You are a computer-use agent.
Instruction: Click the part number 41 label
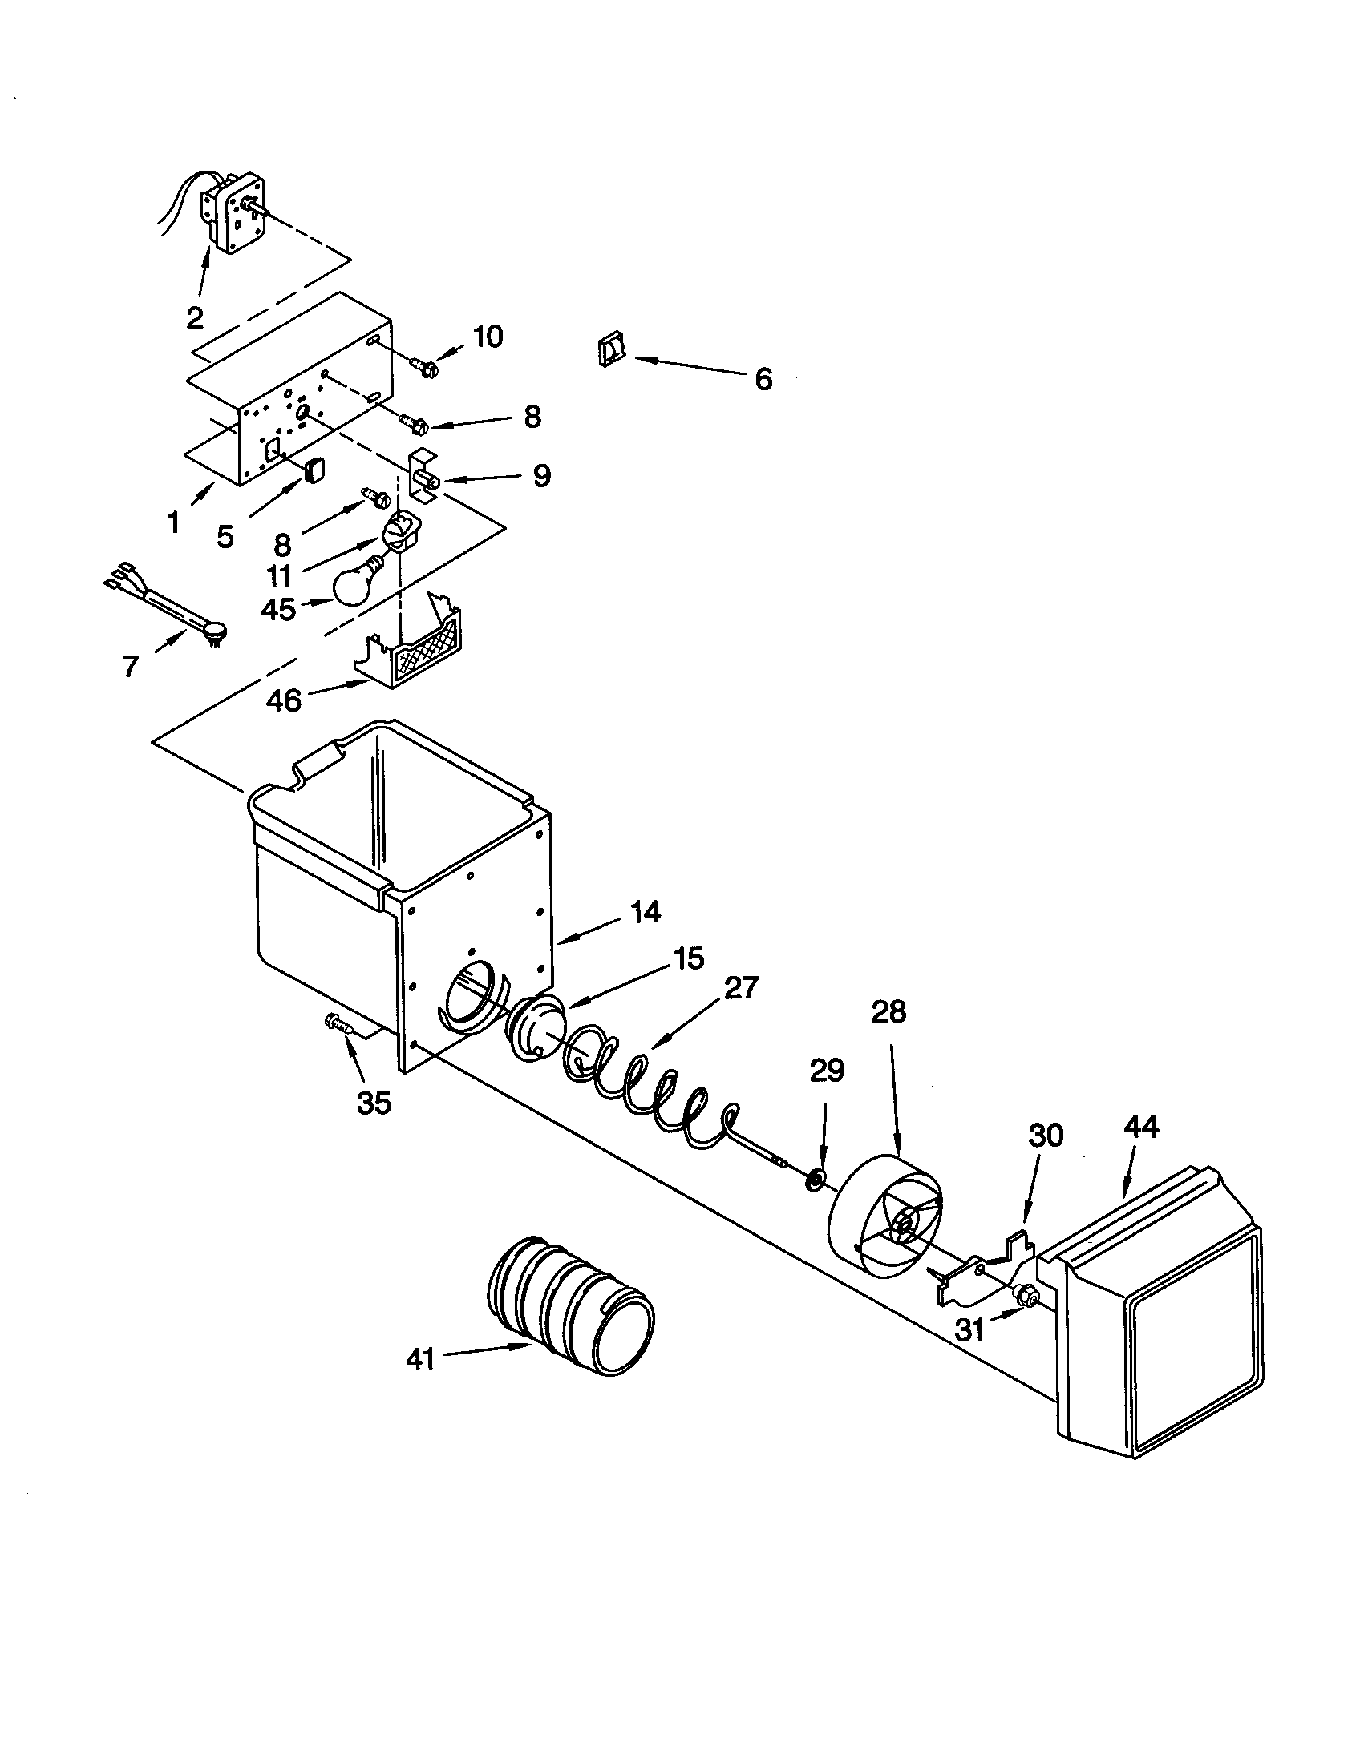pos(420,1359)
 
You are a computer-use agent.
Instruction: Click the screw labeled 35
pos(339,1025)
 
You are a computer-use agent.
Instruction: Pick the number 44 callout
pos(1140,1127)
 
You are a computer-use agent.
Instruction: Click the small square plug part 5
pos(314,468)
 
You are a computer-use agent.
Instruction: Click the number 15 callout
pos(687,958)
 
